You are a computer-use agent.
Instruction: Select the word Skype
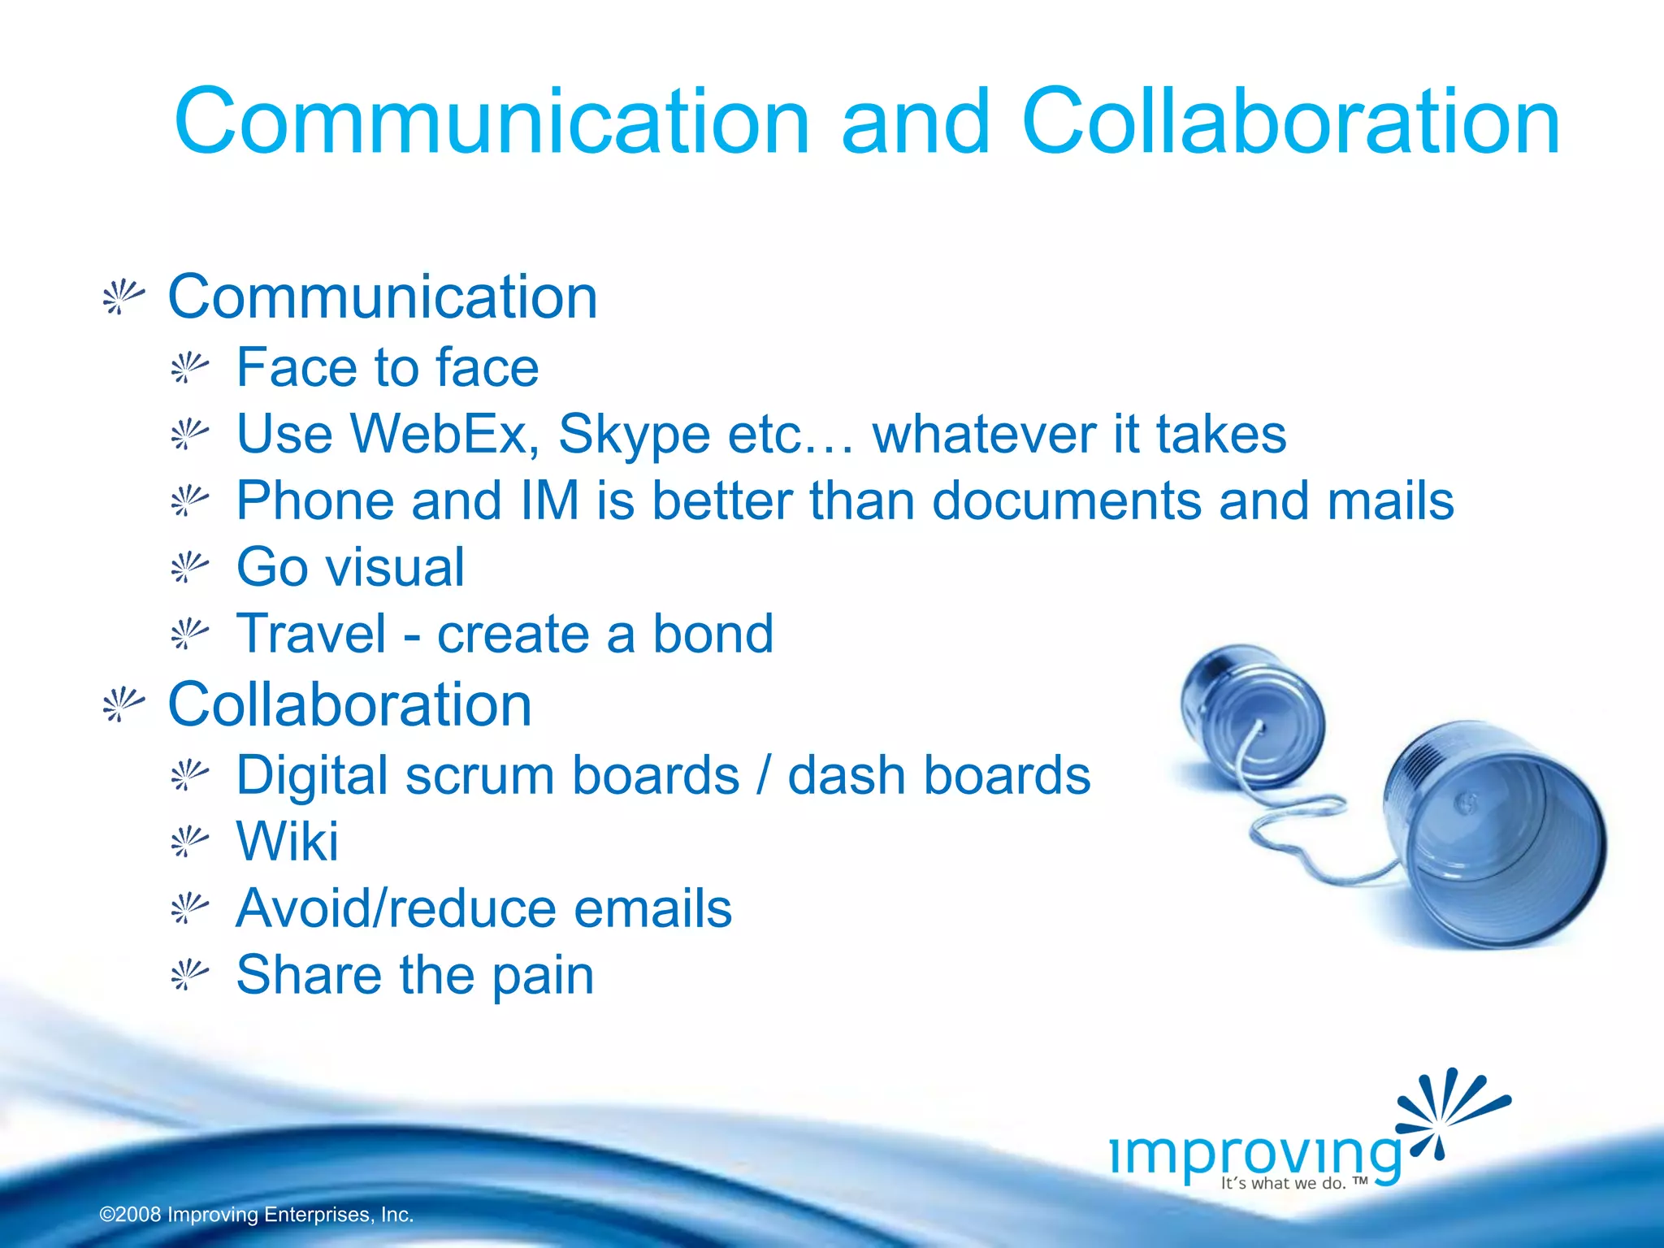[x=634, y=435]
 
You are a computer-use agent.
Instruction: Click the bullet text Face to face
[x=388, y=367]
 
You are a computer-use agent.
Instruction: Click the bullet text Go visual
[x=350, y=567]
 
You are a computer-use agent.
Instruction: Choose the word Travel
[x=311, y=634]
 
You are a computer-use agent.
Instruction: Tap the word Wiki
[x=287, y=841]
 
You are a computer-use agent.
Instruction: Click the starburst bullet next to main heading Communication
[x=123, y=297]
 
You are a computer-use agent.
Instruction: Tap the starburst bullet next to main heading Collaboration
[x=123, y=704]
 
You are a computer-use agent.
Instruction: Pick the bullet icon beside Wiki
[x=189, y=842]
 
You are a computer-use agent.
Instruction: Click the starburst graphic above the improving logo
[x=1450, y=1109]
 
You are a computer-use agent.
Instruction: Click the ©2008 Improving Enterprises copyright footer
[x=257, y=1215]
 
